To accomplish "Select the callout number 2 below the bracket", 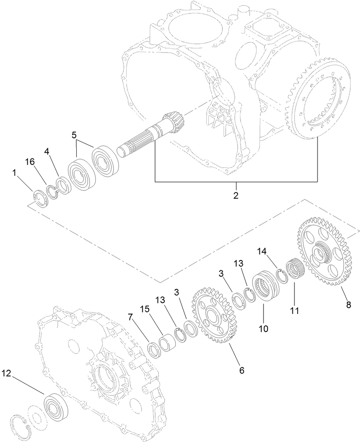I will click(236, 195).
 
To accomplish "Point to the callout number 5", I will click(74, 135).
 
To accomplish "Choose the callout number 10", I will click(263, 329).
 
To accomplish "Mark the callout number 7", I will click(130, 317).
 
